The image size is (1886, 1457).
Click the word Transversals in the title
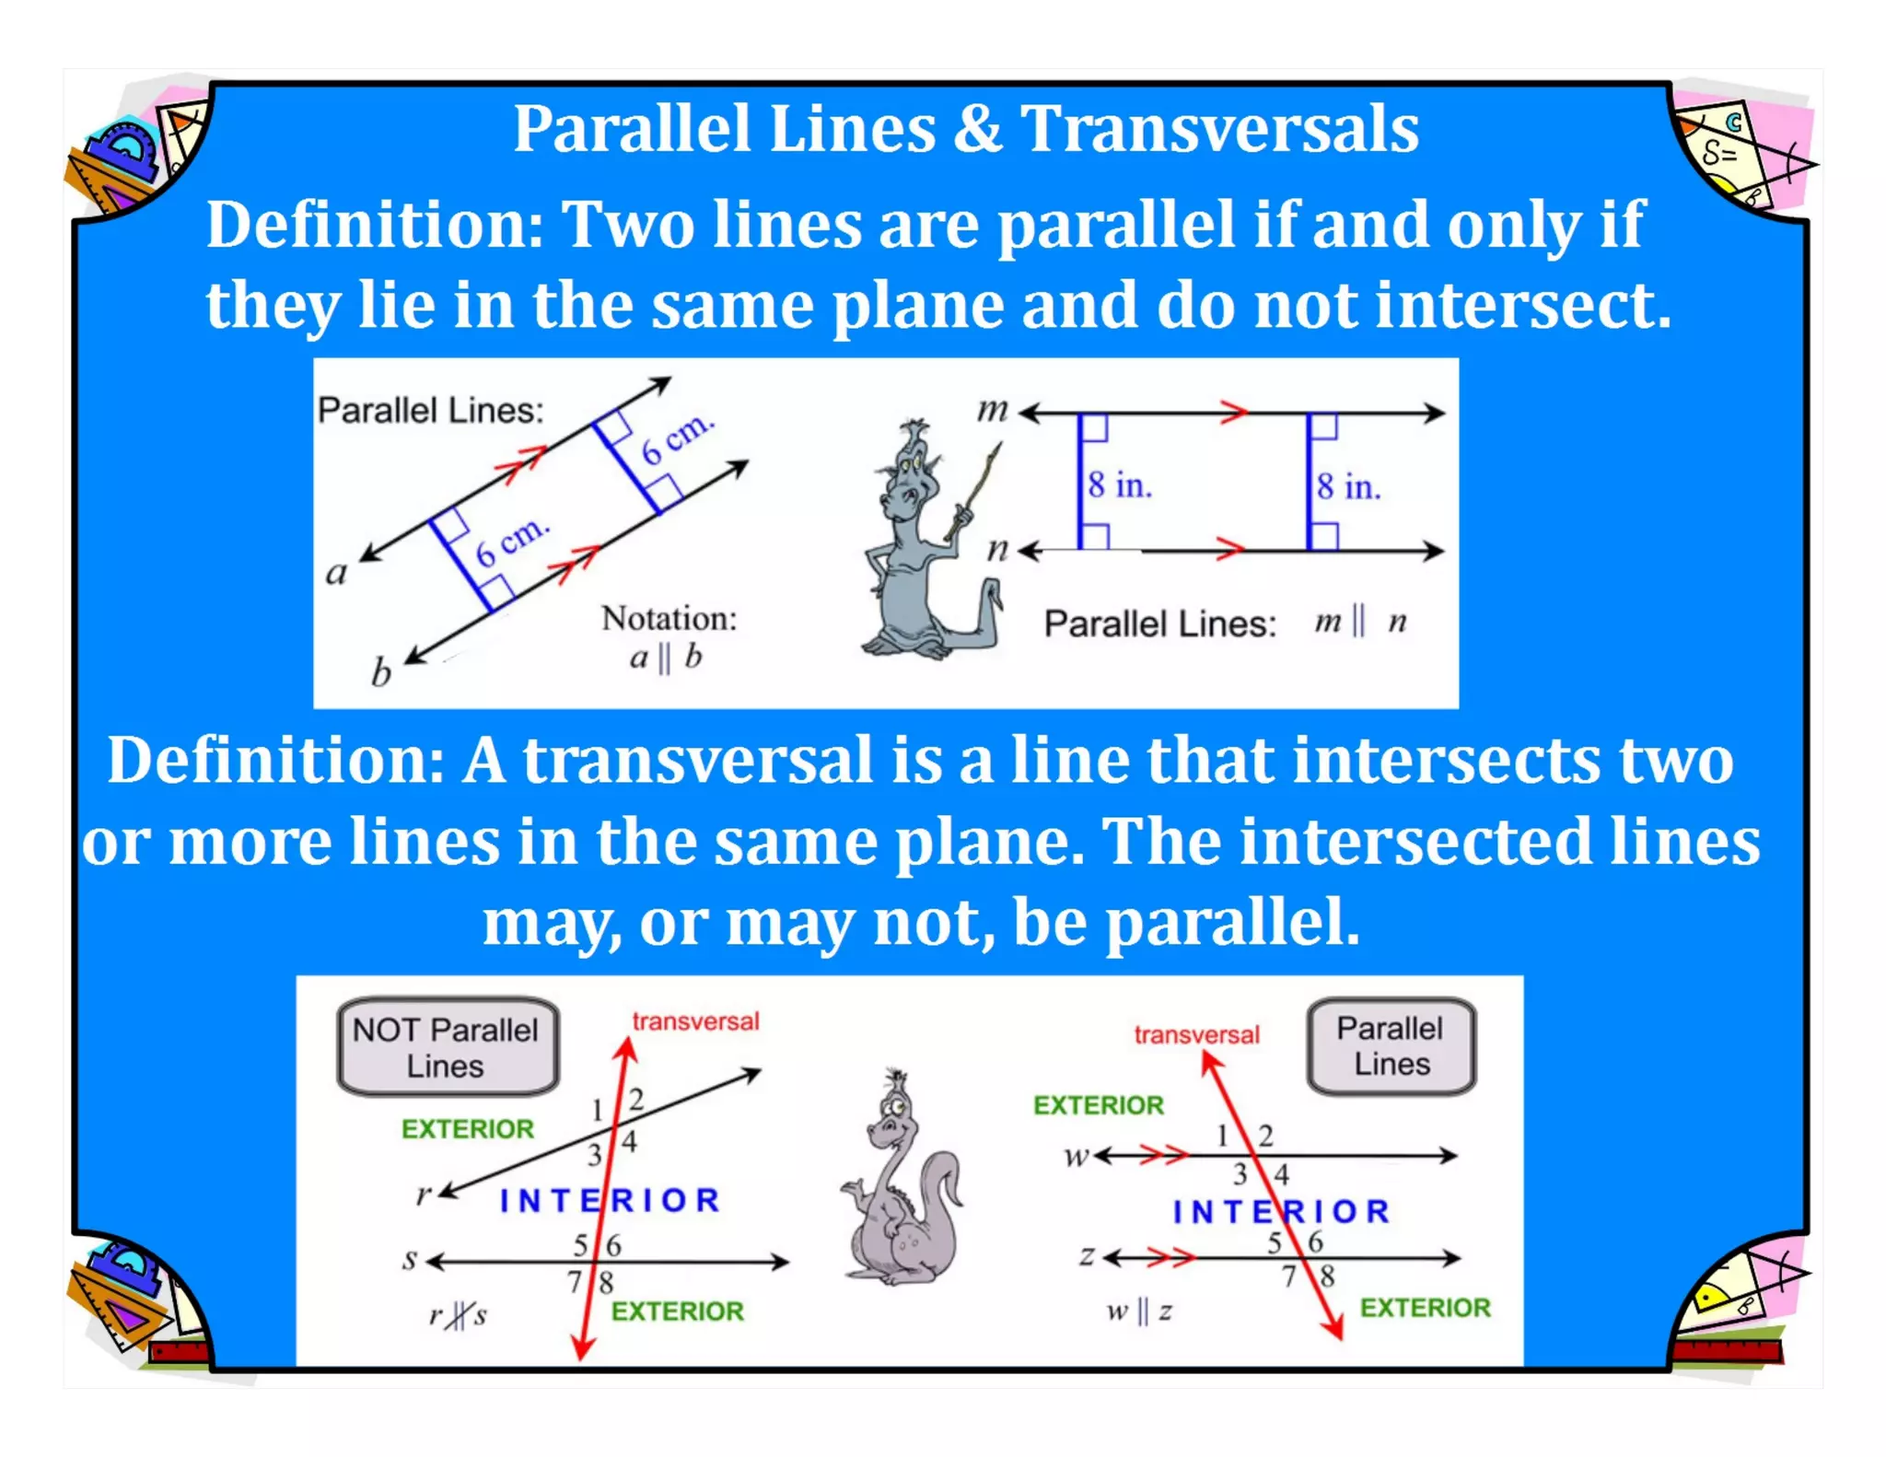(x=1219, y=128)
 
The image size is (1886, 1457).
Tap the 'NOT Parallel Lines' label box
(x=448, y=1047)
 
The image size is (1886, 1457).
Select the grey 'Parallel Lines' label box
(x=1391, y=1046)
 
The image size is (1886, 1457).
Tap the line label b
(x=380, y=673)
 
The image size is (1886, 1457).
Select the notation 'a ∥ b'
(x=666, y=658)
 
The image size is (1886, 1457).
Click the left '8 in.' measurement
(x=1119, y=485)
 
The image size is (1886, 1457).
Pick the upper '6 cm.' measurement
(x=677, y=439)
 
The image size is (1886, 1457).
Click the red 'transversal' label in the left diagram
(x=695, y=1021)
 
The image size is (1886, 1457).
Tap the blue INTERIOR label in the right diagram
(x=1281, y=1212)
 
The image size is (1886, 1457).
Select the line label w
(x=1075, y=1156)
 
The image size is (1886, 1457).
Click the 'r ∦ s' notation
(x=458, y=1315)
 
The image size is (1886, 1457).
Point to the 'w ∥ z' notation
(x=1139, y=1311)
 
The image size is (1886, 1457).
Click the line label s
(x=410, y=1259)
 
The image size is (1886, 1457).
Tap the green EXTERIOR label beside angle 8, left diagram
(x=677, y=1311)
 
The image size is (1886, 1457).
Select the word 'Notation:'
(x=669, y=618)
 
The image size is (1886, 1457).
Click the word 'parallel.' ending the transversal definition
(x=1232, y=923)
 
